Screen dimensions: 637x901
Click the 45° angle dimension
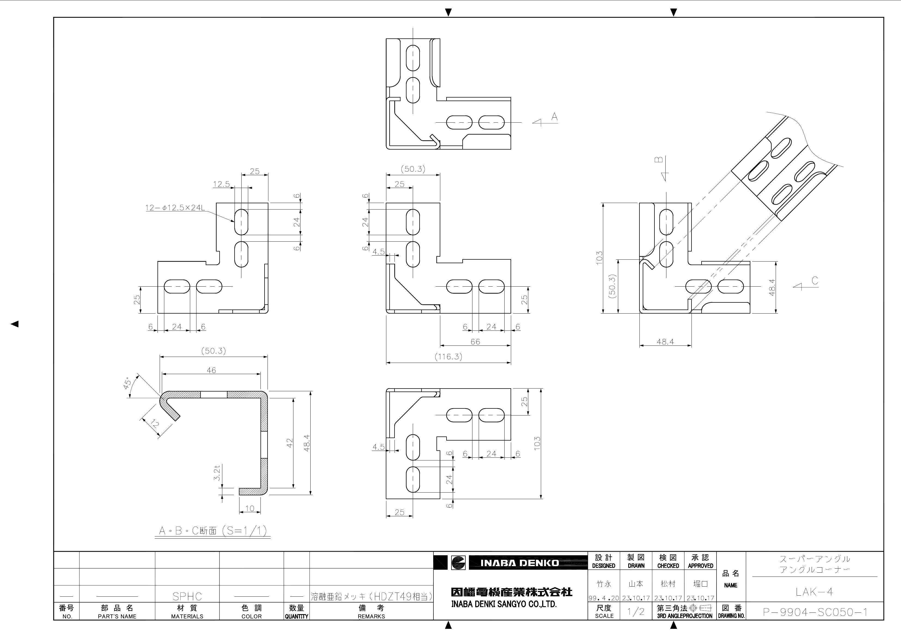pyautogui.click(x=128, y=383)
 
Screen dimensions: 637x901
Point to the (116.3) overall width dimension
pyautogui.click(x=448, y=357)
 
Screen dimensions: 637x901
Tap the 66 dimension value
pyautogui.click(x=475, y=342)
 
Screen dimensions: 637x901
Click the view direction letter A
pyautogui.click(x=554, y=117)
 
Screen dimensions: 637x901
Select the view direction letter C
pyautogui.click(x=815, y=281)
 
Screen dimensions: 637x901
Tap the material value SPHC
pyautogui.click(x=187, y=596)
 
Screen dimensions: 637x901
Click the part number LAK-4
pyautogui.click(x=814, y=592)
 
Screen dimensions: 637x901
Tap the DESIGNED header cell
pyautogui.click(x=603, y=561)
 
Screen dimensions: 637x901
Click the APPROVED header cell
pyautogui.click(x=700, y=561)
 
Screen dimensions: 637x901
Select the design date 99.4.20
pyautogui.click(x=603, y=598)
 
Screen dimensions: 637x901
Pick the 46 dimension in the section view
pyautogui.click(x=211, y=370)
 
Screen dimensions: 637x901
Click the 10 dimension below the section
pyautogui.click(x=250, y=508)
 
